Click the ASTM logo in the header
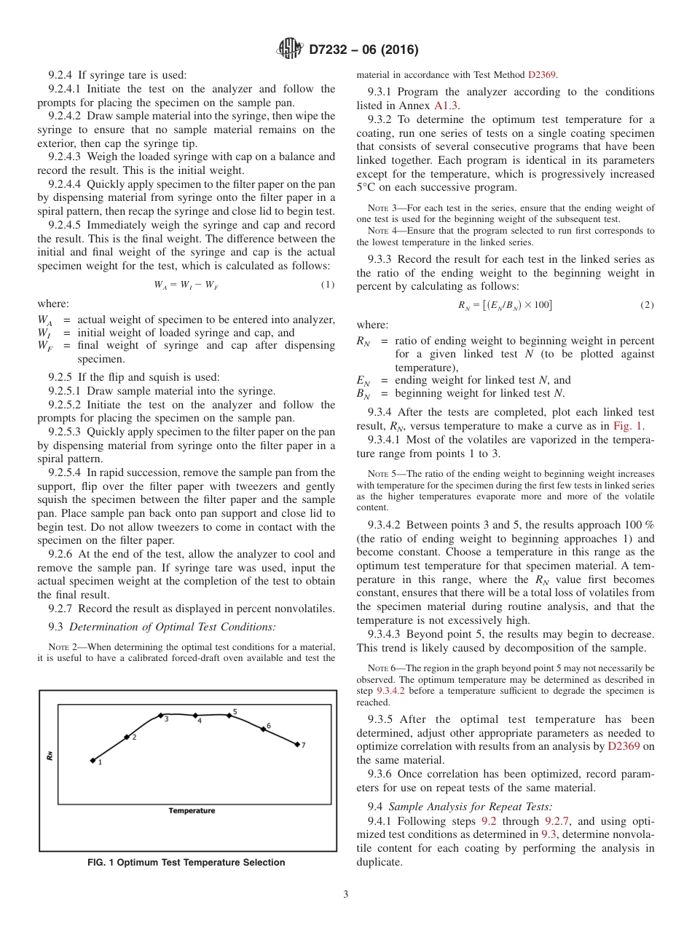pos(289,50)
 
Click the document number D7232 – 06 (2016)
pos(363,50)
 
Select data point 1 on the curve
pos(93,761)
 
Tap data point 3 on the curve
pos(160,716)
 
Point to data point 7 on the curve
pos(297,744)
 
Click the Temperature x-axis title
pos(192,810)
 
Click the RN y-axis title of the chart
pos(50,756)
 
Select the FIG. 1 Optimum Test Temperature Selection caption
pos(186,863)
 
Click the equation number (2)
pos(647,304)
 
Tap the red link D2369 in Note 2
pos(541,74)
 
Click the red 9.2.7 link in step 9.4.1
pos(559,820)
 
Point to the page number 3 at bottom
pos(346,895)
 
